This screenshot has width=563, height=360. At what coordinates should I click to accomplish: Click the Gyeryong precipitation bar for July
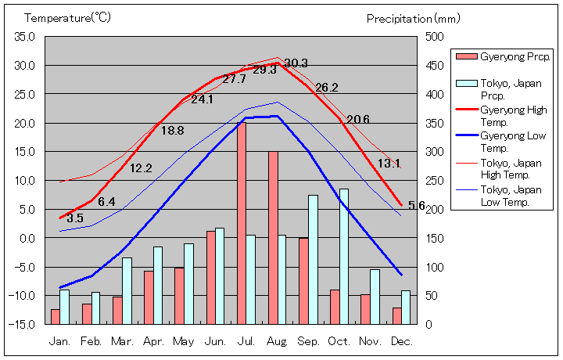242,223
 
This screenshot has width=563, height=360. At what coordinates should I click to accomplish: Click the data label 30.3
296,63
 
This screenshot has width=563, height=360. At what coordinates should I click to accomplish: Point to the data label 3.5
74,218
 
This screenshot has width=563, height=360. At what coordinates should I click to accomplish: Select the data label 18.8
172,131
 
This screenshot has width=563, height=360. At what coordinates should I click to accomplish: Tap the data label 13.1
389,164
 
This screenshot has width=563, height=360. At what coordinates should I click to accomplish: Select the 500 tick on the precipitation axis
434,37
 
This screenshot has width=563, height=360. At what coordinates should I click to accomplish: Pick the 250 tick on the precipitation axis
434,180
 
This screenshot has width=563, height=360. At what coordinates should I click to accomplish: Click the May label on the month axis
184,341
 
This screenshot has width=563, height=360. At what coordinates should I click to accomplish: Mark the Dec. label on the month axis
401,341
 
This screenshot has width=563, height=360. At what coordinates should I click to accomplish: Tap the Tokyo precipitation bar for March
127,290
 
